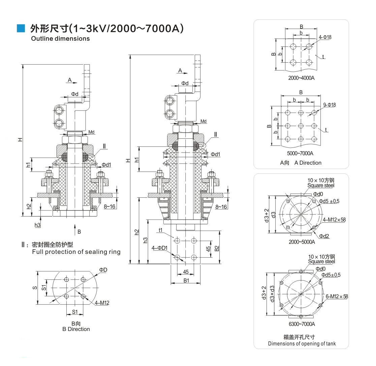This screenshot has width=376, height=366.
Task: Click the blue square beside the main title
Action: tap(21, 29)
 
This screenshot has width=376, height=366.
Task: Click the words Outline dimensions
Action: tap(60, 38)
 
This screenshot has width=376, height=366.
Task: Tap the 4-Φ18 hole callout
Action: tap(325, 37)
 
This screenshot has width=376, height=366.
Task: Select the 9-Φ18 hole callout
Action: tap(329, 105)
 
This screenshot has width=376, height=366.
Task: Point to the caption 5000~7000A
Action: tap(301, 153)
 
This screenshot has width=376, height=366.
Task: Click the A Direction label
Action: tap(308, 163)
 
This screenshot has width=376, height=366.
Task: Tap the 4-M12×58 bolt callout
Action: tap(334, 220)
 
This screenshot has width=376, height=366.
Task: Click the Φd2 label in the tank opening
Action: tap(324, 236)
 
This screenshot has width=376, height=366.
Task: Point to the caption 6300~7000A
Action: tap(302, 324)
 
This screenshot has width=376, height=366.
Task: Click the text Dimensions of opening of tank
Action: tap(302, 343)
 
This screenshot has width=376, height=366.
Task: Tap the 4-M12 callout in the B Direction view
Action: tap(102, 303)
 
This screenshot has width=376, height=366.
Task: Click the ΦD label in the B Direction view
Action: tap(103, 270)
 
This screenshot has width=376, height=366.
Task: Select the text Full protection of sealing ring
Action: tap(76, 252)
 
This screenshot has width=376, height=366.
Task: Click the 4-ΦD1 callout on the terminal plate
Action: tap(159, 248)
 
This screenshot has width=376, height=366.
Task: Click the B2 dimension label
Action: tap(217, 248)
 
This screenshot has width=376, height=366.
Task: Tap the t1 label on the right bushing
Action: tap(160, 230)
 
